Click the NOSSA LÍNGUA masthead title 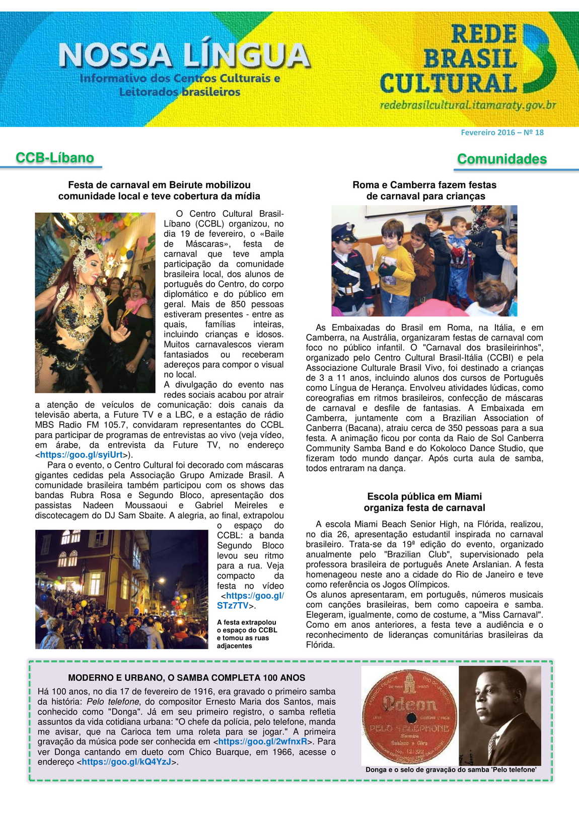tap(184, 55)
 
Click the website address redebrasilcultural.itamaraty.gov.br tap(468, 105)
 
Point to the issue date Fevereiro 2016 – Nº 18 tap(502, 133)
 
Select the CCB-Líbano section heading tap(55, 158)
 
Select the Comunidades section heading tap(501, 159)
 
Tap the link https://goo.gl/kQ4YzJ tap(126, 762)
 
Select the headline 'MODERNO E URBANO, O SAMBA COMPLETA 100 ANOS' tap(186, 678)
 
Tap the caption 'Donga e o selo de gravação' tap(451, 770)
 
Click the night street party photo tap(121, 589)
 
